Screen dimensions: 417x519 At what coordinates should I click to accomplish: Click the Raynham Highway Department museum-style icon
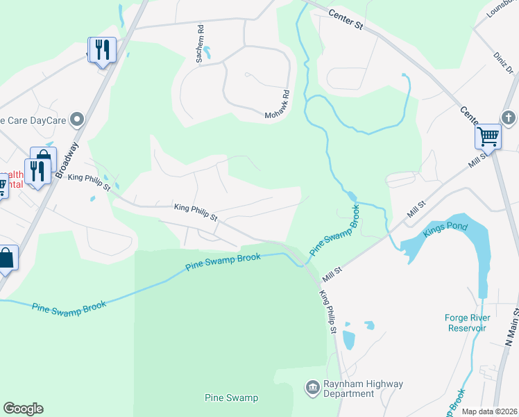312,386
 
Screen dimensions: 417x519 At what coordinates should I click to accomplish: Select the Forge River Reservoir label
468,323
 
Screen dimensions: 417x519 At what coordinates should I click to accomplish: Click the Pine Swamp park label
232,398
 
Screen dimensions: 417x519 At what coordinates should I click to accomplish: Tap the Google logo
23,409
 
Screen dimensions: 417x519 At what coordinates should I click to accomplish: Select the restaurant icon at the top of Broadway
103,50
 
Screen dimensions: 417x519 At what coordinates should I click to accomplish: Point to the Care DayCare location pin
77,120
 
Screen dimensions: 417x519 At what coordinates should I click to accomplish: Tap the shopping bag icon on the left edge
6,259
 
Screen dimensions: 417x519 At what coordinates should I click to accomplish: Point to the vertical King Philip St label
328,311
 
